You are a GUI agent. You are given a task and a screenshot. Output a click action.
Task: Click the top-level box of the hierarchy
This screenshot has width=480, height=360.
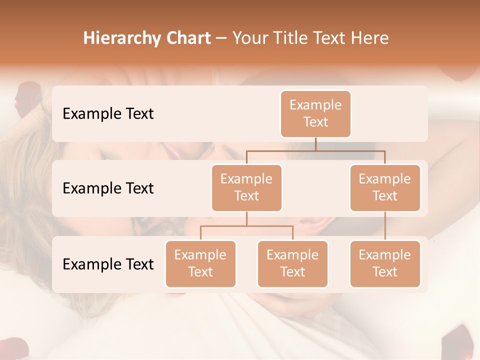coord(315,113)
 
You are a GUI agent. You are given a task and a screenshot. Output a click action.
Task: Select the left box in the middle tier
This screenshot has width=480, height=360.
coord(246,187)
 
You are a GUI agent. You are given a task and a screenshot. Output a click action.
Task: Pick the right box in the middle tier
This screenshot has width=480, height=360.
coord(385,187)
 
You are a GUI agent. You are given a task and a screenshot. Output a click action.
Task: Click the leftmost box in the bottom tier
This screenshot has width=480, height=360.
coord(200,263)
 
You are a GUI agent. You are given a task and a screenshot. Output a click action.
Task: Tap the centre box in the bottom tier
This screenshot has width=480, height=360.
coord(292,263)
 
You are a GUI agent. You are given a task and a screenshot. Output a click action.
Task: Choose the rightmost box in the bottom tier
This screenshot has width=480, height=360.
coord(385,263)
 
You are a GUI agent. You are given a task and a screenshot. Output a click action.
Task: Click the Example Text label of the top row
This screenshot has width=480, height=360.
coord(108,113)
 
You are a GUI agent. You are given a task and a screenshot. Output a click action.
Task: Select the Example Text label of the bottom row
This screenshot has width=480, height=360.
coord(108,264)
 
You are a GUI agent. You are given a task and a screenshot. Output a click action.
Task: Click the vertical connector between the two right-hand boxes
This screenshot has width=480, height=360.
coord(385,226)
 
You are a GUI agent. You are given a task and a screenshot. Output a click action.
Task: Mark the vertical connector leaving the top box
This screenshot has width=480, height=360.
coord(315,144)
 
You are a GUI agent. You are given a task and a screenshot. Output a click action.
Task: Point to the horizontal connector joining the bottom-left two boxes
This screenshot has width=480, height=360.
coord(246,226)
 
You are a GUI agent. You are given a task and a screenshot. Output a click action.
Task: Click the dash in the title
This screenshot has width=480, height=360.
coord(221,38)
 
